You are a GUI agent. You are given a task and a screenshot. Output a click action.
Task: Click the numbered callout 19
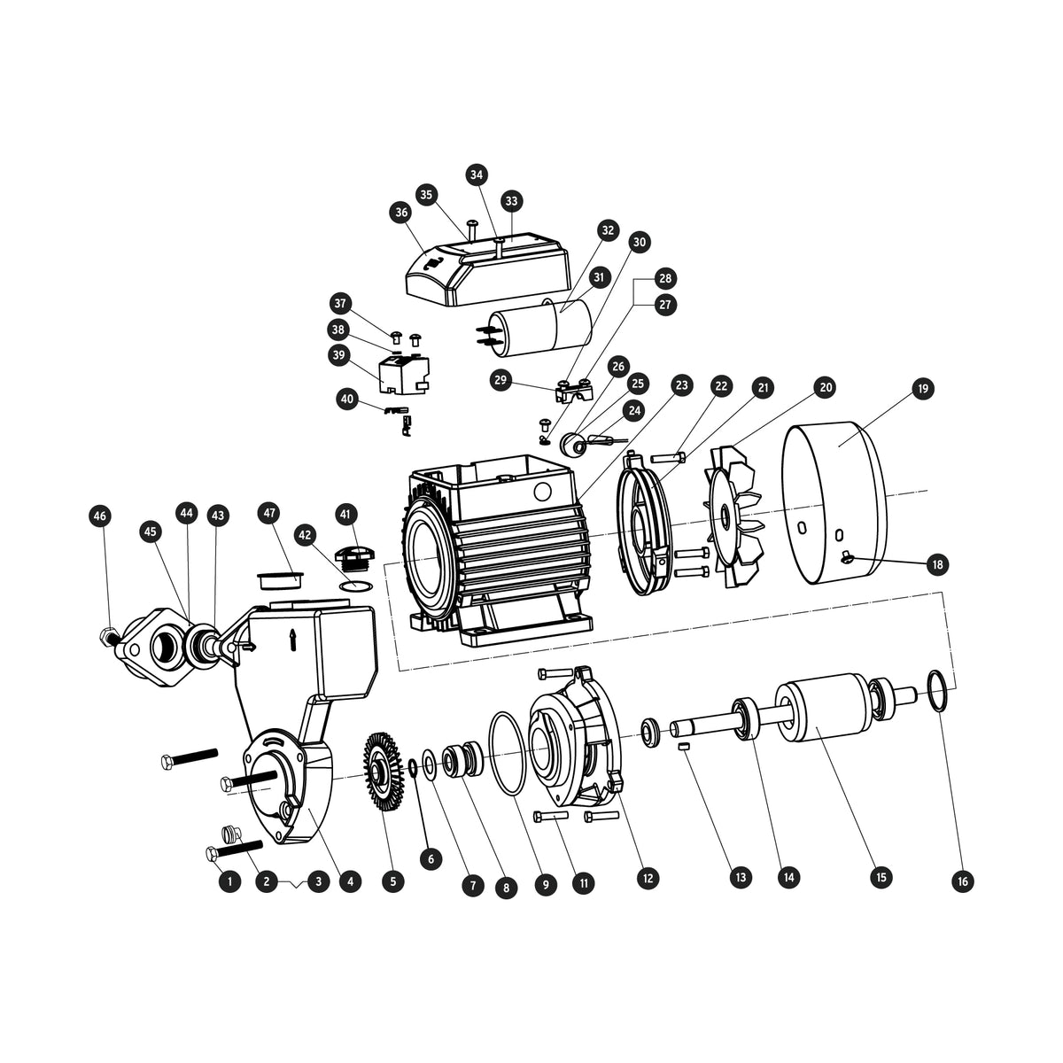pyautogui.click(x=923, y=388)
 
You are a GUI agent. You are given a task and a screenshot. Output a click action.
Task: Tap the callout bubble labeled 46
pyautogui.click(x=100, y=516)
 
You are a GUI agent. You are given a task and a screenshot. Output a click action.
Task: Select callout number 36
pyautogui.click(x=401, y=213)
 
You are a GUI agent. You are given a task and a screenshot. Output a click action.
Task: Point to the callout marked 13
pyautogui.click(x=740, y=877)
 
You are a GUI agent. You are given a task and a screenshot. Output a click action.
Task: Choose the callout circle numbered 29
pyautogui.click(x=500, y=380)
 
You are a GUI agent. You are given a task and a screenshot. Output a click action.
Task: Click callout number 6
pyautogui.click(x=431, y=859)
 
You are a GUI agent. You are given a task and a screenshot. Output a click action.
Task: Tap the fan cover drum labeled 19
pyautogui.click(x=832, y=502)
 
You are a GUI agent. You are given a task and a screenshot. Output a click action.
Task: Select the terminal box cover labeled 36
pyautogui.click(x=487, y=268)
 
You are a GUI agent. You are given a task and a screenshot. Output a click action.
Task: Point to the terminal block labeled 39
pyautogui.click(x=404, y=375)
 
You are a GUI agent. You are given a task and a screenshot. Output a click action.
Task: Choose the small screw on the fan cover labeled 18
pyautogui.click(x=848, y=559)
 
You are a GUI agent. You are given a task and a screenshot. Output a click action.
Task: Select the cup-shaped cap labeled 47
pyautogui.click(x=280, y=581)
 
